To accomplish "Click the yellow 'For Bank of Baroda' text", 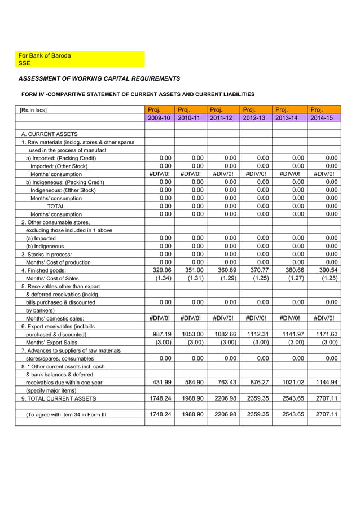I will click(45, 56).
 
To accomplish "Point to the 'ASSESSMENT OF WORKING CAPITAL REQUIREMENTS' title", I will click(100, 78).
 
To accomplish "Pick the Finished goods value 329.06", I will click(161, 270).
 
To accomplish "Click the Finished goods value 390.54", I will click(326, 270).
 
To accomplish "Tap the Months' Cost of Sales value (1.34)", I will click(162, 278).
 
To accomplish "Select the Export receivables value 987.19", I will click(161, 334).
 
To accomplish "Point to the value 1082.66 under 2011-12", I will click(224, 334).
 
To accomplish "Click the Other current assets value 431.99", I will click(161, 382).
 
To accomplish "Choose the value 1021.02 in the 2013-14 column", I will click(292, 382).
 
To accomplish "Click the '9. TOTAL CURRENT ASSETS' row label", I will click(59, 398).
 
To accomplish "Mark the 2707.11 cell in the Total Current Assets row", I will click(326, 398).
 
